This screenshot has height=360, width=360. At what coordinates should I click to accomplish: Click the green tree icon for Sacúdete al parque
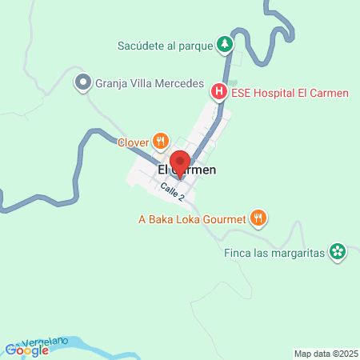pyautogui.click(x=226, y=45)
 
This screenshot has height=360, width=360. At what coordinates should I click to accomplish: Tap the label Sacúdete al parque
pyautogui.click(x=164, y=46)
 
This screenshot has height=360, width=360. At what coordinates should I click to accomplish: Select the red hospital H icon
pyautogui.click(x=218, y=93)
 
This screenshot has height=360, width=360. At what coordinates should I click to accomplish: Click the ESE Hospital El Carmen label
pyautogui.click(x=290, y=93)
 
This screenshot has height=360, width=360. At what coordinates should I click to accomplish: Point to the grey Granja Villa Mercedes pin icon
pyautogui.click(x=82, y=82)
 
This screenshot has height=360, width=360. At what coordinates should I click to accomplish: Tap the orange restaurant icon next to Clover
pyautogui.click(x=161, y=142)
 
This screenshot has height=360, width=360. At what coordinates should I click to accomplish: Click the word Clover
pyautogui.click(x=134, y=142)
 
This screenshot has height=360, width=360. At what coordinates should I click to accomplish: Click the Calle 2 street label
pyautogui.click(x=172, y=191)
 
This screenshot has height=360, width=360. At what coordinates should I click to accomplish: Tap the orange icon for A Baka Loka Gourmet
pyautogui.click(x=258, y=217)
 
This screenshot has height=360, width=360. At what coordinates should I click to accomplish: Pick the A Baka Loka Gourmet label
pyautogui.click(x=192, y=218)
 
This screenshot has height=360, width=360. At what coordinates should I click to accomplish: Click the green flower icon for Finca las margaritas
pyautogui.click(x=338, y=252)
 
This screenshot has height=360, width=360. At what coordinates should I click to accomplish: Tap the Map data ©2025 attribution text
pyautogui.click(x=323, y=353)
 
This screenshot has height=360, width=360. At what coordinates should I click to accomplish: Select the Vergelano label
pyautogui.click(x=48, y=342)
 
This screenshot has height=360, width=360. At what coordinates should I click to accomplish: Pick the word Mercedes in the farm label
pyautogui.click(x=177, y=82)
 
